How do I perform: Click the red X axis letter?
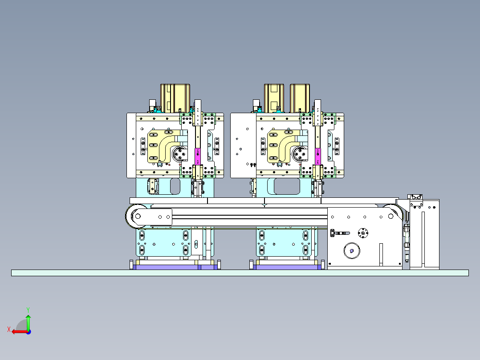click(x=9, y=330)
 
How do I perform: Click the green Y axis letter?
click(x=28, y=310)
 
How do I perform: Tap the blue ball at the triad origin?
click(x=28, y=332)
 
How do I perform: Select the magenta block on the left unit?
click(x=198, y=156)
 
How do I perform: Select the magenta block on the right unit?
click(x=318, y=156)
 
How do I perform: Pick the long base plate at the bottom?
click(x=240, y=273)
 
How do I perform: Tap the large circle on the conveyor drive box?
click(x=352, y=251)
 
